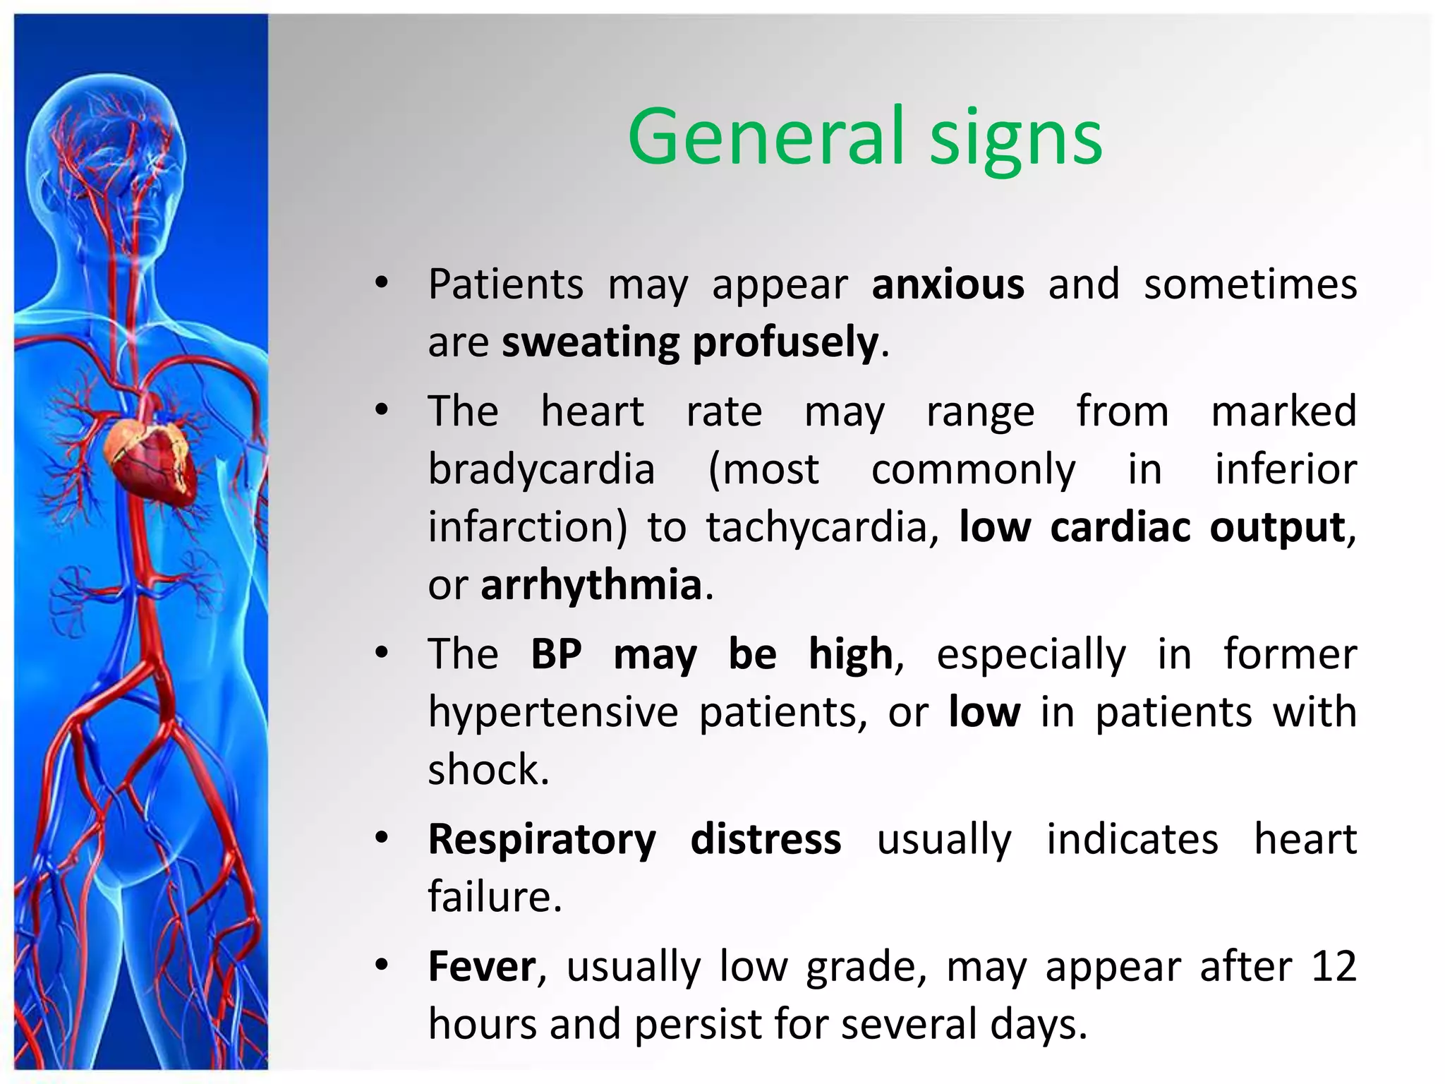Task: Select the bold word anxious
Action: point(948,284)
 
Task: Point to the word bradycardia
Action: point(542,469)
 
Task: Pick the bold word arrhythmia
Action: point(591,586)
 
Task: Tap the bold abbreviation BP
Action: point(556,654)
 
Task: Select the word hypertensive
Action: point(553,713)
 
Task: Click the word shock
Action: point(488,769)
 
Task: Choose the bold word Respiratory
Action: point(542,841)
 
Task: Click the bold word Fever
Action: point(482,966)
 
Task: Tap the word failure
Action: point(494,897)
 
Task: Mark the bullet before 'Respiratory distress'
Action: point(382,838)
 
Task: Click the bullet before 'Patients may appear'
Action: point(382,284)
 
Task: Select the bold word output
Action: point(1277,528)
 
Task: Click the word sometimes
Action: point(1250,284)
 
